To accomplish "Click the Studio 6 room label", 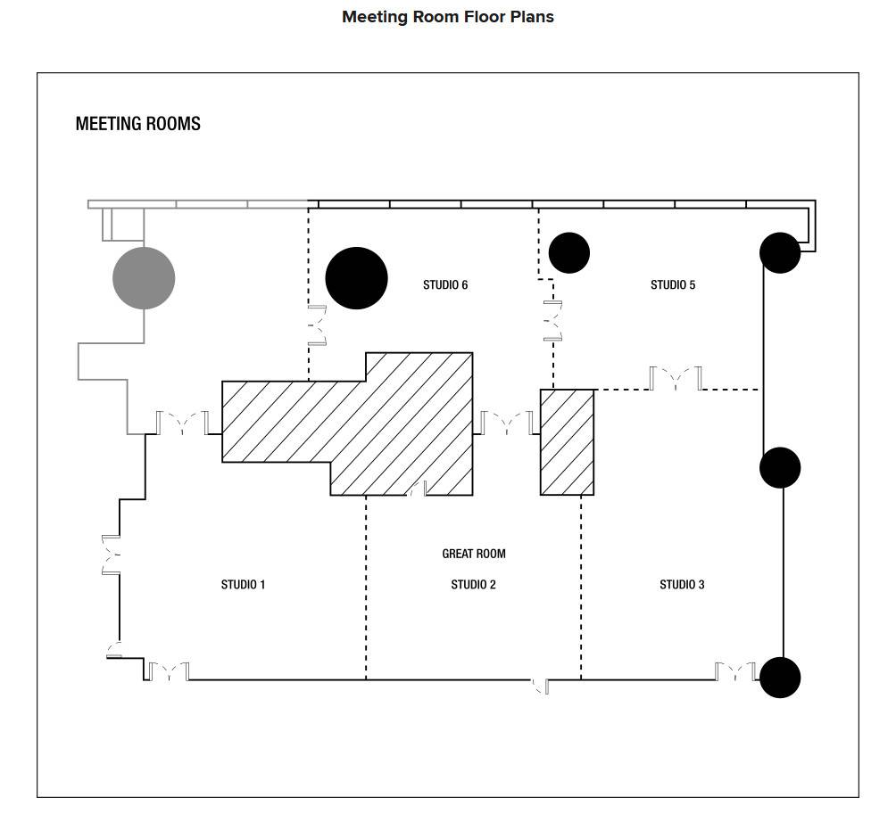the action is pyautogui.click(x=445, y=284).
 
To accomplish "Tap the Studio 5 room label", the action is pyautogui.click(x=673, y=284).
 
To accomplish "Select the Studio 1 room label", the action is pyautogui.click(x=243, y=585).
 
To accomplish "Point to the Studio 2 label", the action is pyautogui.click(x=473, y=585).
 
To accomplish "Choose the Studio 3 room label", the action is pyautogui.click(x=682, y=585).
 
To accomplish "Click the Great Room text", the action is pyautogui.click(x=474, y=554).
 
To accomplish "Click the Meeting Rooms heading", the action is pyautogui.click(x=137, y=124).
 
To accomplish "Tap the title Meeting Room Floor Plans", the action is pyautogui.click(x=447, y=17).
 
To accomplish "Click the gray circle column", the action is pyautogui.click(x=144, y=278).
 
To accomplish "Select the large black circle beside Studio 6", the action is pyautogui.click(x=357, y=278).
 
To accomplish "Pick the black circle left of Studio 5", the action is pyautogui.click(x=569, y=253).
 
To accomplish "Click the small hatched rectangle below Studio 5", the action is pyautogui.click(x=567, y=442).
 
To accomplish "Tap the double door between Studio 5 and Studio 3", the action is pyautogui.click(x=676, y=378).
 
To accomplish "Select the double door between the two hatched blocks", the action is pyautogui.click(x=506, y=423).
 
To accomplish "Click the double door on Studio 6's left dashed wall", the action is pyautogui.click(x=318, y=325).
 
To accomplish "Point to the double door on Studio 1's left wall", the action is pyautogui.click(x=111, y=555).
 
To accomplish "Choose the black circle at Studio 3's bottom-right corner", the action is pyautogui.click(x=780, y=678).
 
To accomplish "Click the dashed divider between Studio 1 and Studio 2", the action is pyautogui.click(x=366, y=588).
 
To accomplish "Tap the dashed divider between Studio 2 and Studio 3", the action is pyautogui.click(x=581, y=588).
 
